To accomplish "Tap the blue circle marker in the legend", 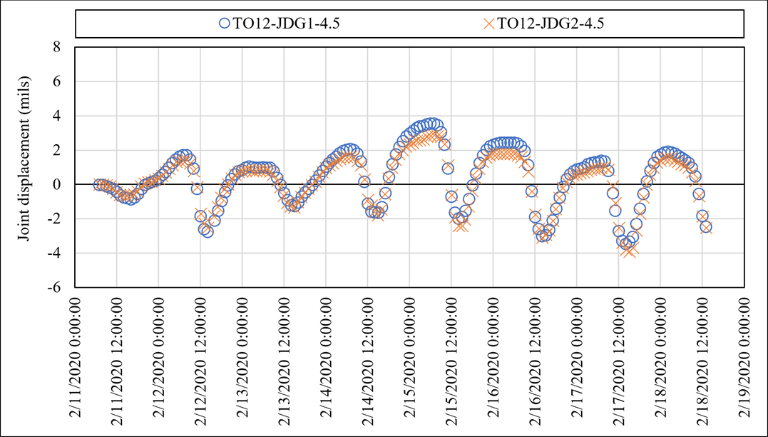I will (x=225, y=23).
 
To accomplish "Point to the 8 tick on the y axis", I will (x=58, y=47).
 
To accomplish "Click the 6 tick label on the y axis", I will (x=58, y=81).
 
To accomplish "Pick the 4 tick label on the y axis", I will (x=58, y=116).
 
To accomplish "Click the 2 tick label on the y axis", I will (x=58, y=150).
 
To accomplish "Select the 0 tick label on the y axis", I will (x=58, y=184).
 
